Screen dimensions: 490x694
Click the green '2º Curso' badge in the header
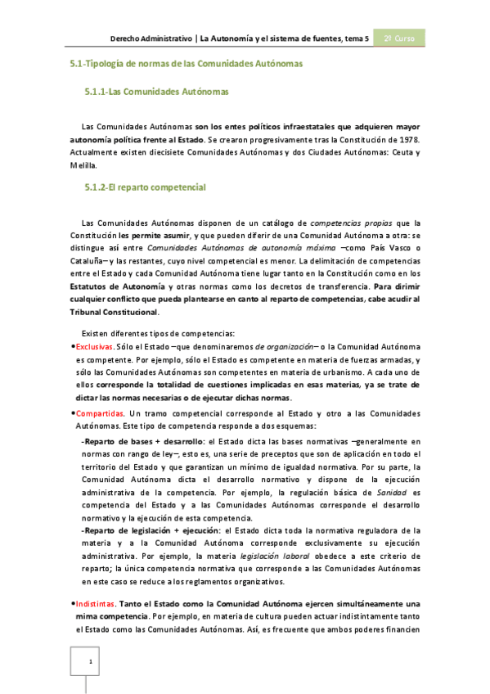pos(400,38)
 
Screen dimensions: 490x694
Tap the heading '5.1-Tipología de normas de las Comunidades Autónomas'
pos(187,63)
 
